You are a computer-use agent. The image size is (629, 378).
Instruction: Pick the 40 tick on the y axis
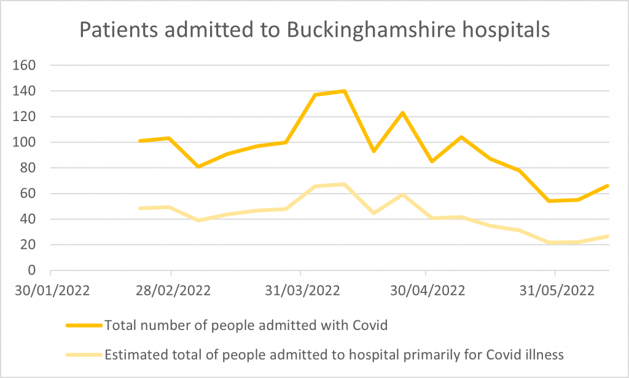(31, 219)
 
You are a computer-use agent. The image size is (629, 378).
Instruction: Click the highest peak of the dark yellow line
(345, 91)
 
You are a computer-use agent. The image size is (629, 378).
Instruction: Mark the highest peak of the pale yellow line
(345, 184)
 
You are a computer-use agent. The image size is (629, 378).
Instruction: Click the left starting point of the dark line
(140, 141)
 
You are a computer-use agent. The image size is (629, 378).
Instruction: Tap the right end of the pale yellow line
(608, 236)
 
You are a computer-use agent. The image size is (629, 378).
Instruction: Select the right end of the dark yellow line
(608, 186)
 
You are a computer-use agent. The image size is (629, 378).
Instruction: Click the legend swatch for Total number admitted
(83, 326)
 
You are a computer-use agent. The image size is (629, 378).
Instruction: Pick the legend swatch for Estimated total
(83, 354)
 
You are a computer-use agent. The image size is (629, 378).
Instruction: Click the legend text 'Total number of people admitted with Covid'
(246, 326)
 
